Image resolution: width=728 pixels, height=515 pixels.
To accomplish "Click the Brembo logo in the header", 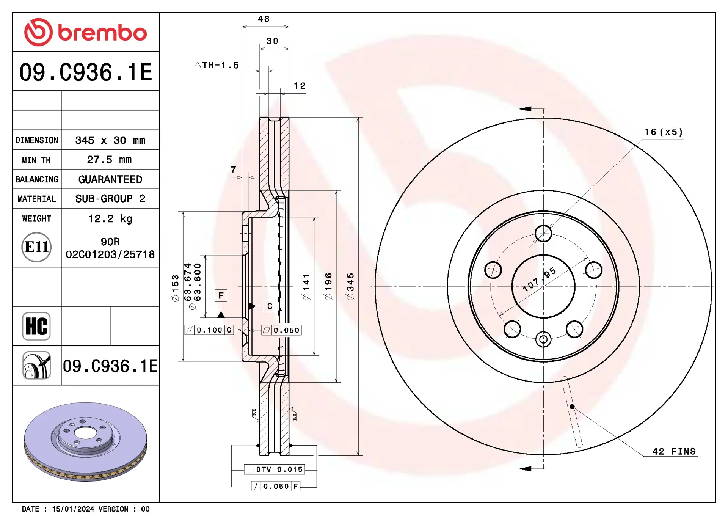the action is click(86, 32).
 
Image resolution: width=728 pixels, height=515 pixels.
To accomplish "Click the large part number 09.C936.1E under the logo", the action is click(86, 72).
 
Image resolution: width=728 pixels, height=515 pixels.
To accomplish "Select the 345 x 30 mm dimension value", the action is click(110, 140).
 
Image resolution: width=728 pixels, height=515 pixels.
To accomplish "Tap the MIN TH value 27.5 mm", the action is click(109, 160).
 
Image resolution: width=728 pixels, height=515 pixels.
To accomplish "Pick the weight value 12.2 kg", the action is click(110, 218).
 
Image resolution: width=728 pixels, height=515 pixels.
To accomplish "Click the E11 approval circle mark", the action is click(36, 247).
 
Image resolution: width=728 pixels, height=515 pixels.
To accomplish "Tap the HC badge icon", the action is click(36, 326).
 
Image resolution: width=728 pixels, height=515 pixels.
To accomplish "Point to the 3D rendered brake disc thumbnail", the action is click(86, 442).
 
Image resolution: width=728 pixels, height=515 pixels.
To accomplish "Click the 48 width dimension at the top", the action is click(264, 19).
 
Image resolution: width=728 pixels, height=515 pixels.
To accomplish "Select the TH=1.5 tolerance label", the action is click(217, 65).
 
